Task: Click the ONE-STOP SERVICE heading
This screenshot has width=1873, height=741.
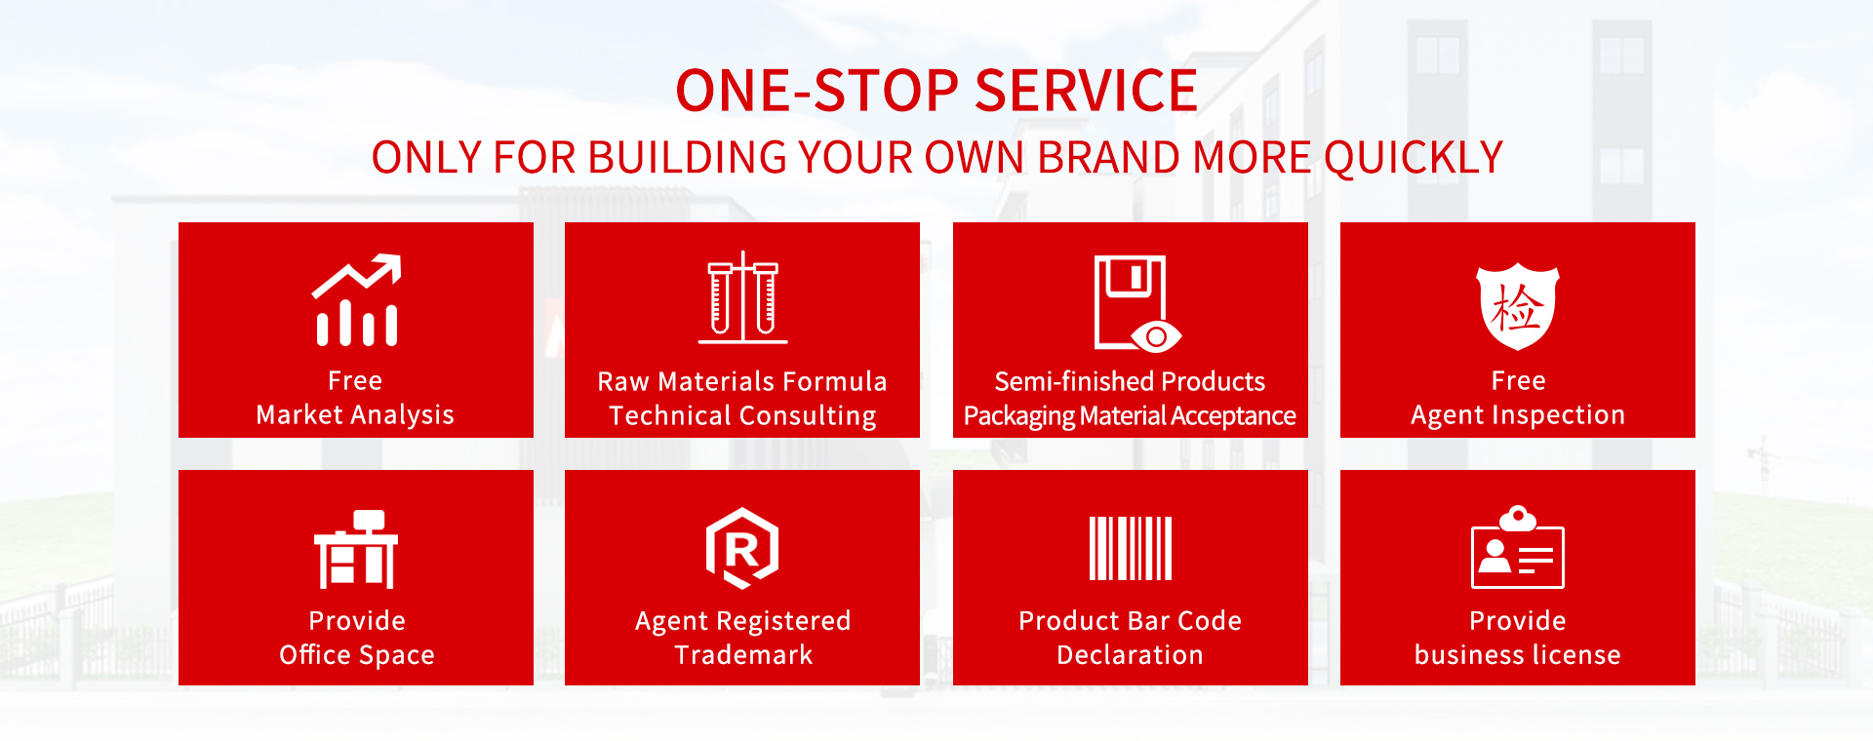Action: pos(936,91)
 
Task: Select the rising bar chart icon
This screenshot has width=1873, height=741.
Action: pos(357,300)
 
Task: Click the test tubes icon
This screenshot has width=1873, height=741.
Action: pos(743,297)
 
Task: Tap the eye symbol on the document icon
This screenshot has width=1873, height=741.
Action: pos(1157,336)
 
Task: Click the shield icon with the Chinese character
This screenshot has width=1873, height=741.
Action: pos(1518,306)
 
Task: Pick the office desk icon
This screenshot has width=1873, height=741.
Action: pos(356,549)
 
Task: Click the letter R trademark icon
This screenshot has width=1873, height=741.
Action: pos(742,548)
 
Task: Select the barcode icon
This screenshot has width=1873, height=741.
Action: pos(1131,549)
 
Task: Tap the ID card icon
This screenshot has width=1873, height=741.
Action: pos(1518,547)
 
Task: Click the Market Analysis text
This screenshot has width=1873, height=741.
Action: pos(355,415)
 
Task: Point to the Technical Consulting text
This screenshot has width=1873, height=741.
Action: pos(742,416)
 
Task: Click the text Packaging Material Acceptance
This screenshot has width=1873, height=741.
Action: pos(1130,416)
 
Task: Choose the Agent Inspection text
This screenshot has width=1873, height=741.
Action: pos(1518,415)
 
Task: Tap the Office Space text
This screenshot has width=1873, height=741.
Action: pos(357,655)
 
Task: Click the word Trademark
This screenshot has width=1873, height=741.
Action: pos(743,655)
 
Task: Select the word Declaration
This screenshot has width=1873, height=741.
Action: pos(1131,655)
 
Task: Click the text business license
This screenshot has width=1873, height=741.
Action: pos(1518,655)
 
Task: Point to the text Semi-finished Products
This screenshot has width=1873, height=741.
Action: pos(1130,381)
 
